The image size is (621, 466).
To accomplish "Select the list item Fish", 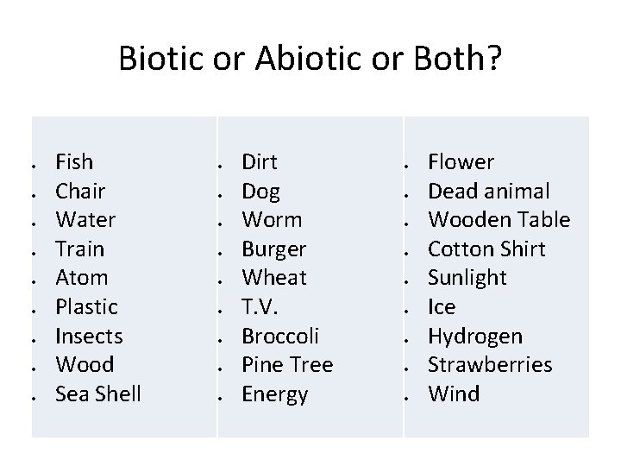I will pos(74,161).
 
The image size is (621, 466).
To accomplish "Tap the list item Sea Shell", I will pos(97,394).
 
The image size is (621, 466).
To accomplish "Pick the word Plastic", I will pos(86,306).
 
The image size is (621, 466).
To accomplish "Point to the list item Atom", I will pos(81,277).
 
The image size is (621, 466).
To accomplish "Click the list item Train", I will pos(79,249).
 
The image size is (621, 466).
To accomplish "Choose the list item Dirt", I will pos(260,161).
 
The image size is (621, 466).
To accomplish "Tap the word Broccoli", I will pos(281,336).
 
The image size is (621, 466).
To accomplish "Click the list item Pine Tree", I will pos(287,364).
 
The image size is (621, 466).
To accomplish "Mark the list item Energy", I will pos(274,394).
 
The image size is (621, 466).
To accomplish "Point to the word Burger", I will pos(273,249).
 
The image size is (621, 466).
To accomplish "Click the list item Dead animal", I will pos(489,191).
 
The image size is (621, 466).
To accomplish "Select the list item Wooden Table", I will pos(499,219).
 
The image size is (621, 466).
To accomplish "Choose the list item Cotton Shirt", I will pos(486,249).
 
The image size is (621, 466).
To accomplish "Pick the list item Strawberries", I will pos(490,364).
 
